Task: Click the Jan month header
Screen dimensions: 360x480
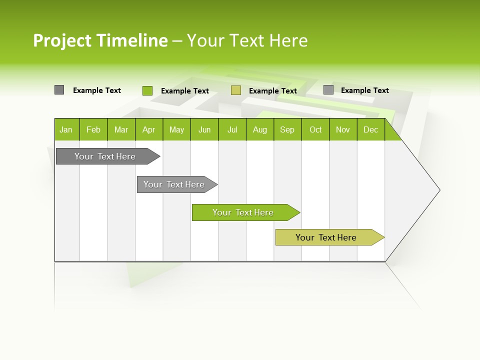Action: pos(66,129)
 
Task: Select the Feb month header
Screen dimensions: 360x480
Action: pos(93,129)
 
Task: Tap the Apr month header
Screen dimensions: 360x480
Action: pos(149,129)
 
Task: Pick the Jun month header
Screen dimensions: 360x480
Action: pos(204,129)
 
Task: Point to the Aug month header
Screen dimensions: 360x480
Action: pos(260,129)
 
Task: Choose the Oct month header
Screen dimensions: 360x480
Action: pos(315,129)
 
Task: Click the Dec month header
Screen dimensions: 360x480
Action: pos(371,129)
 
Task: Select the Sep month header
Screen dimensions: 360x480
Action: pos(287,129)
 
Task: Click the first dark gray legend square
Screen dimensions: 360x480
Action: pos(59,90)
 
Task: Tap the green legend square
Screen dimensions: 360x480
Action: pos(147,90)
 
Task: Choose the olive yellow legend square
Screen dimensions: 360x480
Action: pos(236,90)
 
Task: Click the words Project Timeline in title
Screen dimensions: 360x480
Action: pos(100,40)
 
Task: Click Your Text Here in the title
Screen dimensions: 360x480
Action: pos(247,40)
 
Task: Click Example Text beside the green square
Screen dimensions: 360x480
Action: pos(185,91)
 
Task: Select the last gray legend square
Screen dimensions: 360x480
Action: pos(328,90)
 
